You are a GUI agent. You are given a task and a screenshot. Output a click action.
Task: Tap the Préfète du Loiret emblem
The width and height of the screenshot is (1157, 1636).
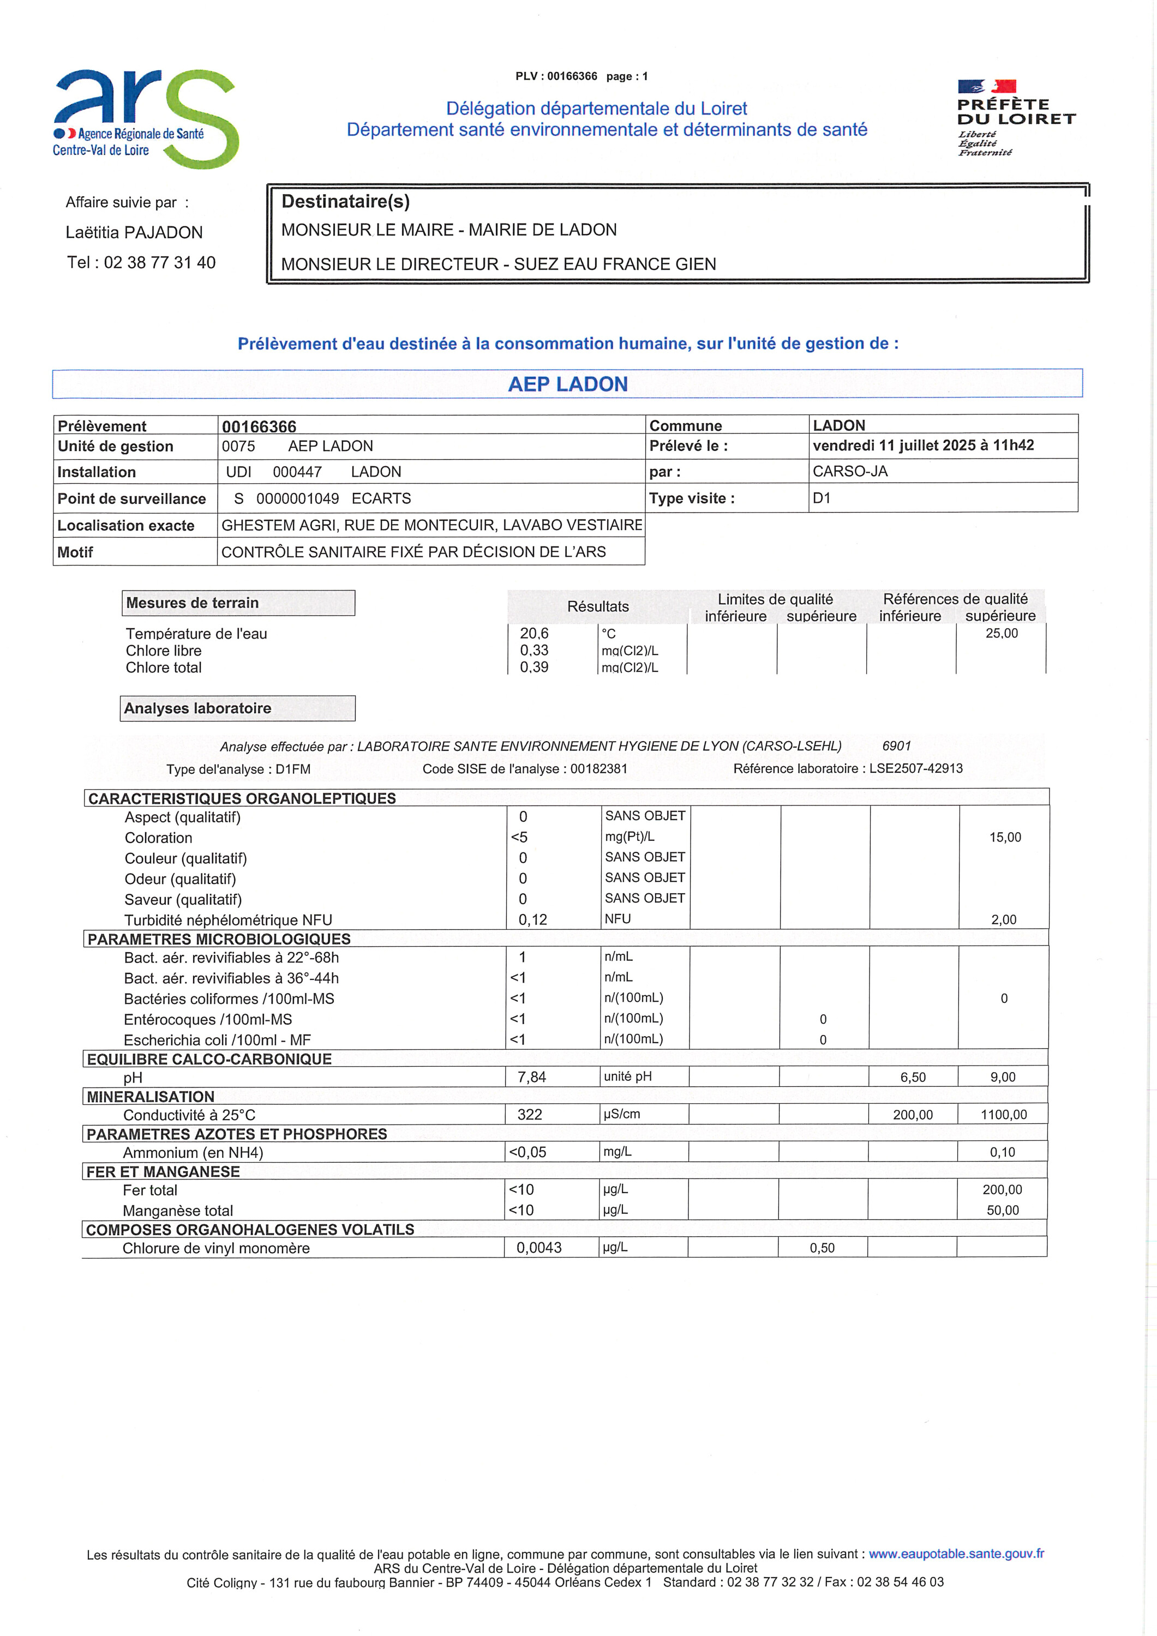click(1015, 118)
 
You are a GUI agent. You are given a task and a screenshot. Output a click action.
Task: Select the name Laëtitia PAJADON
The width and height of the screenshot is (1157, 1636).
click(134, 232)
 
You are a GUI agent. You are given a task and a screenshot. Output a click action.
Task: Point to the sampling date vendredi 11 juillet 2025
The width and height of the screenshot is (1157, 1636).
click(922, 446)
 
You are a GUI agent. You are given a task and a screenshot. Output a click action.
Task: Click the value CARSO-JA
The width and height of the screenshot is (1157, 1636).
click(850, 471)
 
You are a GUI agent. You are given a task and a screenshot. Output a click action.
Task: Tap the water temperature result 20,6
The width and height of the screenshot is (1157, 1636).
click(534, 633)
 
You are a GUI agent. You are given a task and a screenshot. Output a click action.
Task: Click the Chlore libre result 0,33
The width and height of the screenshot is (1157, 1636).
click(534, 650)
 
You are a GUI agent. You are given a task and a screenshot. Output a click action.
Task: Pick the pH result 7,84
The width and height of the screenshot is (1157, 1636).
click(531, 1076)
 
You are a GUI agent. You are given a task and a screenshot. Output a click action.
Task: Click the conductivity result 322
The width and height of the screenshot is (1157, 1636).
click(530, 1115)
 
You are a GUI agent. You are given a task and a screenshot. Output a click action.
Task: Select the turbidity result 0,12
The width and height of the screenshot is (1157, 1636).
click(532, 920)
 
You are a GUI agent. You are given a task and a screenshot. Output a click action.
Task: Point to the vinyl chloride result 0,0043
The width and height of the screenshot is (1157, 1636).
click(539, 1248)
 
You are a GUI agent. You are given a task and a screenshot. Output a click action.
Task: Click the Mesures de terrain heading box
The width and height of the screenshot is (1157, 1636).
click(238, 603)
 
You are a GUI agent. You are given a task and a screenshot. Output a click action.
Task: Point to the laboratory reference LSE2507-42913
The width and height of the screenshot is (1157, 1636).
click(915, 768)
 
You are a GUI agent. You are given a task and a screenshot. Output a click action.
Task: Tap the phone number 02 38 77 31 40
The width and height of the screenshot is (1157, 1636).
click(160, 262)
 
